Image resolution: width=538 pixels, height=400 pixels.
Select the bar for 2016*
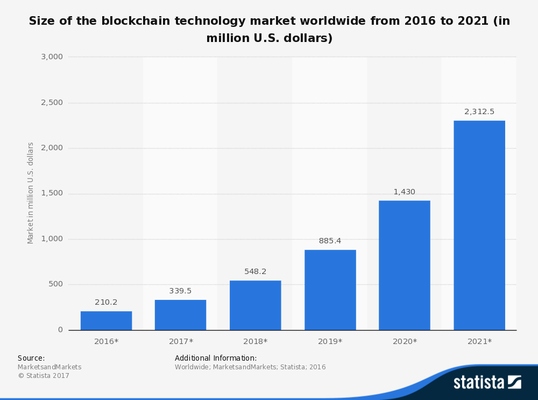(106, 321)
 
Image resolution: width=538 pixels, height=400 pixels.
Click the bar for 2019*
(330, 290)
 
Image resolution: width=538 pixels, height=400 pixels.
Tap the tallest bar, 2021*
(479, 226)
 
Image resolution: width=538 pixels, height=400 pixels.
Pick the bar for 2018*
(255, 305)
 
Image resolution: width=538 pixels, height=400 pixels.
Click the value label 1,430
(404, 192)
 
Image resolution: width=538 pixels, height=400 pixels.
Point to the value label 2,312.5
(479, 112)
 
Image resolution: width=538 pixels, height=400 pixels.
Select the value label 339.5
(180, 291)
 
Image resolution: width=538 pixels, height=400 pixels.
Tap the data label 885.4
(330, 241)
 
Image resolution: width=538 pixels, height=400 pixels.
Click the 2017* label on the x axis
(181, 341)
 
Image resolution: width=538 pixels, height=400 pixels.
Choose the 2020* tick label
(405, 341)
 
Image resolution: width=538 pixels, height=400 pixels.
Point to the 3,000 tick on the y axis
(52, 57)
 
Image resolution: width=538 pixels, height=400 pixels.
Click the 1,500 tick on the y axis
(52, 193)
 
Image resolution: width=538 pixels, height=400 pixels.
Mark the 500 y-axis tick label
(56, 284)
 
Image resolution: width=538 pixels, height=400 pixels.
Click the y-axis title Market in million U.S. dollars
(31, 193)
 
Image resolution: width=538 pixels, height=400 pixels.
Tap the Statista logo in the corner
(487, 382)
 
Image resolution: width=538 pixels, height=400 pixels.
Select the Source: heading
(31, 358)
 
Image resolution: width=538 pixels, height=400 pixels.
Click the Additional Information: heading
(216, 358)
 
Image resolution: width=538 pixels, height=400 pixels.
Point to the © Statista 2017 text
(44, 376)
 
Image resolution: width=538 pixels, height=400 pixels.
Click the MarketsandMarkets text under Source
(49, 367)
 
